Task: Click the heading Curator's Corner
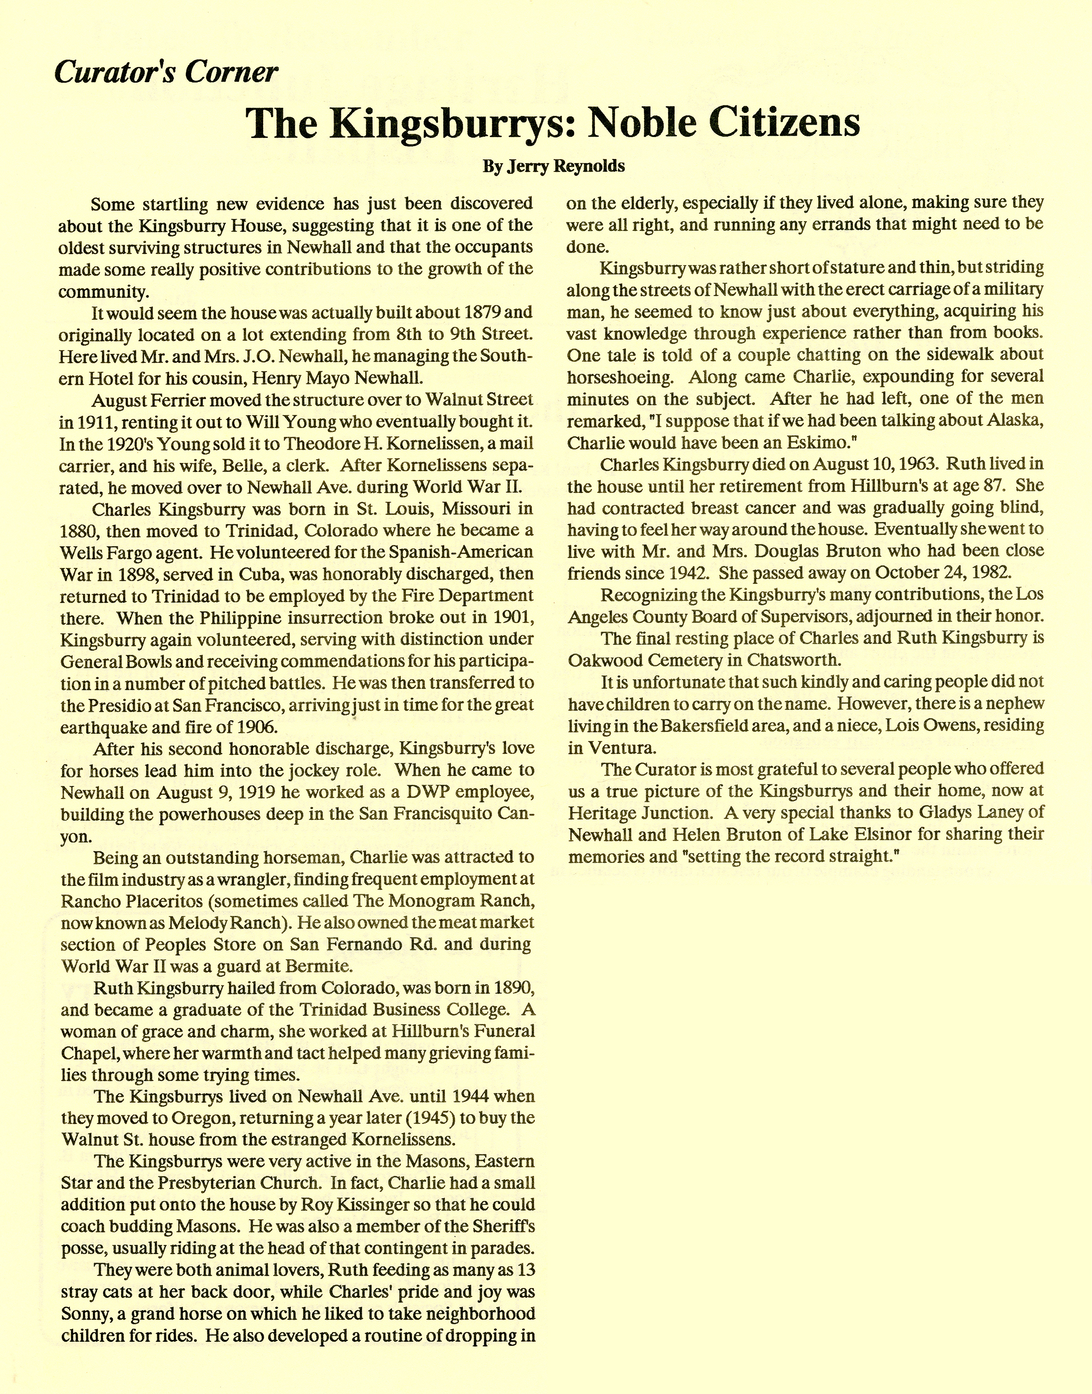tap(166, 72)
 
